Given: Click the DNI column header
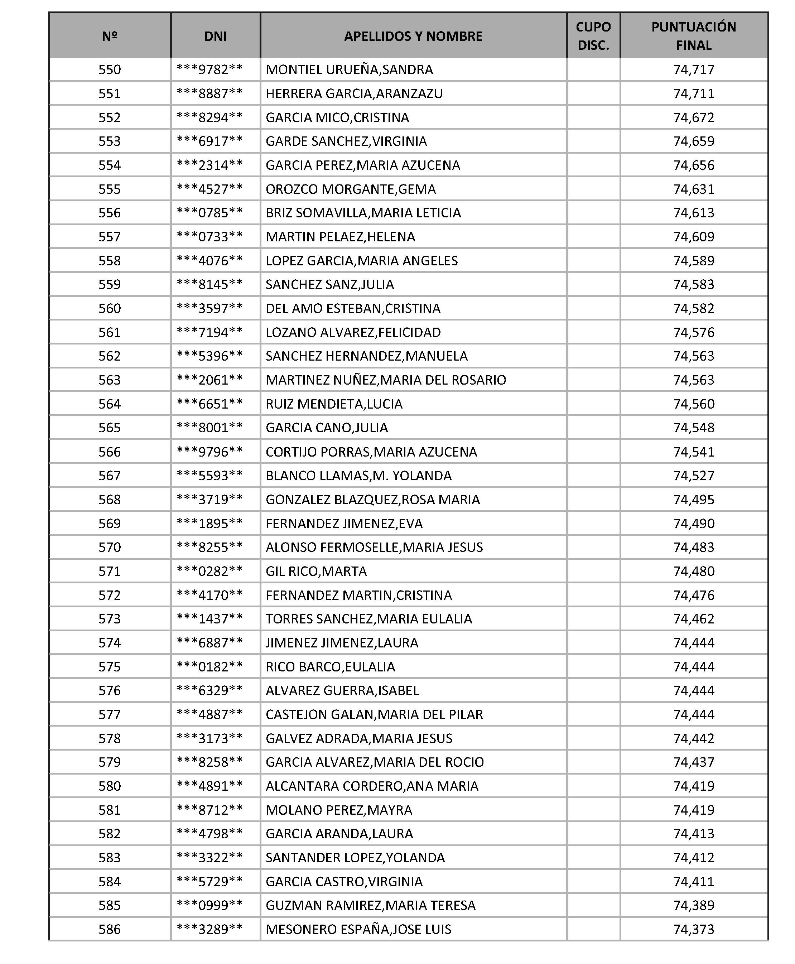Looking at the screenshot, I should click(215, 36).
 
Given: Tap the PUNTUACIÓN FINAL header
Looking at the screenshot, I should click(693, 36).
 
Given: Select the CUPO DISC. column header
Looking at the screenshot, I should click(593, 36).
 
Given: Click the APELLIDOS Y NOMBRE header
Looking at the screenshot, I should click(413, 36).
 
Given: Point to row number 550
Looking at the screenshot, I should click(110, 69).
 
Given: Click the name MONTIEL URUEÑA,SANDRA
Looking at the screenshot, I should click(349, 69).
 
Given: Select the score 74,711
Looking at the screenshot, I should click(693, 93).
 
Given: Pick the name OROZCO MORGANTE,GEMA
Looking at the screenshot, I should click(350, 189).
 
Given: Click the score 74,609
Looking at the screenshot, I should click(693, 237).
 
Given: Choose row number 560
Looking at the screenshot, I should click(110, 308).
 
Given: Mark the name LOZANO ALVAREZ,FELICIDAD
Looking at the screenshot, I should click(353, 332).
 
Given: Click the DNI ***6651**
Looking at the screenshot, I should click(210, 404).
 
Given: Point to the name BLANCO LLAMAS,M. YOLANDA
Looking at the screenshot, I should click(358, 475).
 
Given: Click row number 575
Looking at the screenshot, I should click(110, 667).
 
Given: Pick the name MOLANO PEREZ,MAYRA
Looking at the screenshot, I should click(339, 810).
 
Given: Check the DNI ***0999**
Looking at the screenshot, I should click(210, 905).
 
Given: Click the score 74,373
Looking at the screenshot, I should click(693, 929).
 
